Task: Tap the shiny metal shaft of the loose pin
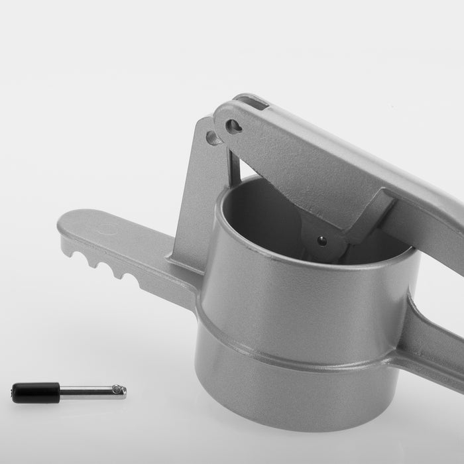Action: pyautogui.click(x=86, y=391)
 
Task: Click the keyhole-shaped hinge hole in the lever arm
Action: pyautogui.click(x=233, y=126)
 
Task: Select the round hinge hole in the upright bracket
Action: pyautogui.click(x=213, y=138)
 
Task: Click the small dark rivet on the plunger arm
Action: pyautogui.click(x=322, y=241)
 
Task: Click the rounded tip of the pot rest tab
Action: pyautogui.click(x=64, y=224)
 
